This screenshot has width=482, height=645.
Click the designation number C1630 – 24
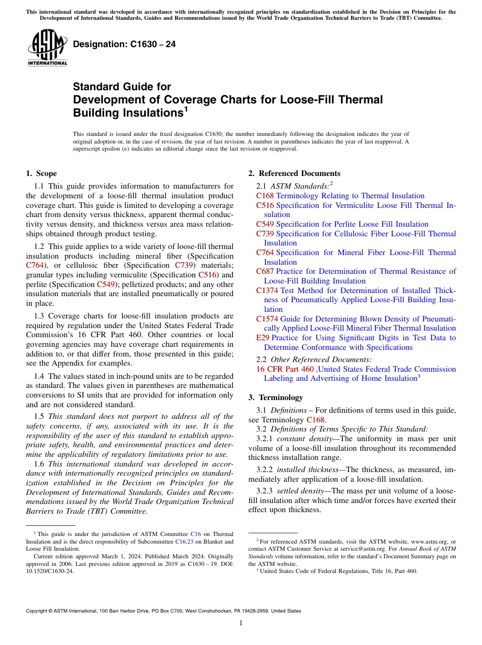point(124,45)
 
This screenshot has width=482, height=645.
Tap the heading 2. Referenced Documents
point(294,173)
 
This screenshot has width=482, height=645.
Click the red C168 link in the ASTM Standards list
point(265,196)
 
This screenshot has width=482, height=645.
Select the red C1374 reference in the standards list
point(267,291)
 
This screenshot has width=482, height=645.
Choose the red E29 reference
point(263,338)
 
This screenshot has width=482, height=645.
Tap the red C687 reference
point(265,271)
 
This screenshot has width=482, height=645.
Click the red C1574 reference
point(267,319)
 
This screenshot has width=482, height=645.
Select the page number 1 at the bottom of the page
point(241,623)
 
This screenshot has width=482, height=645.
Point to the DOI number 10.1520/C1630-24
point(49,570)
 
